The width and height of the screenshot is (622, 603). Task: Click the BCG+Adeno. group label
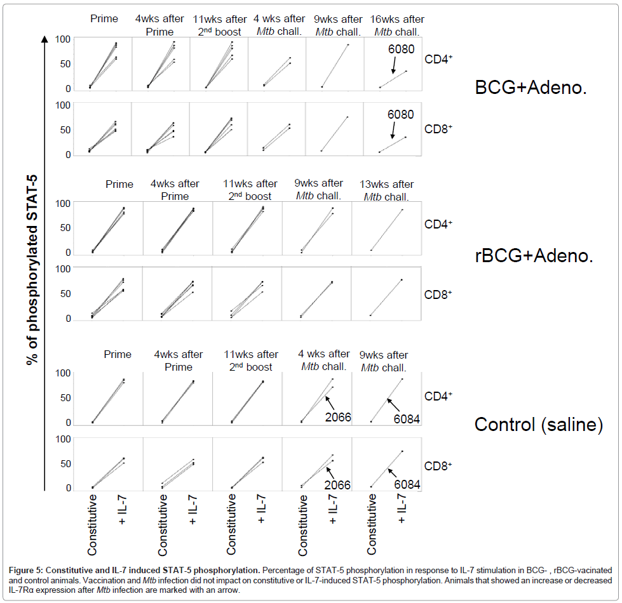coord(530,88)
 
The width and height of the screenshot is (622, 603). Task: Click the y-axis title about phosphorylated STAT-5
coord(31,260)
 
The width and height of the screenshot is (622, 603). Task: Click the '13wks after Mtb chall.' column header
coord(388,190)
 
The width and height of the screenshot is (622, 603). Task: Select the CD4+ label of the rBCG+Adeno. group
coord(438,224)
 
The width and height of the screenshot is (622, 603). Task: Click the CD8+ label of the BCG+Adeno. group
coord(438,128)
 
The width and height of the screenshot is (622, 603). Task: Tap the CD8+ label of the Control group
coord(438,465)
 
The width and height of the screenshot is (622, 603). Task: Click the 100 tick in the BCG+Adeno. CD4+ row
coord(62,39)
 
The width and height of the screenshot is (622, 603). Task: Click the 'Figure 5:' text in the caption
coord(25,563)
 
